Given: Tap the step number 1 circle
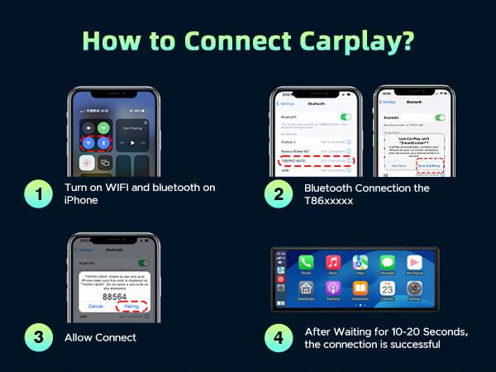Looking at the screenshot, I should click(x=37, y=194).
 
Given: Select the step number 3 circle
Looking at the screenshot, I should click(x=37, y=337).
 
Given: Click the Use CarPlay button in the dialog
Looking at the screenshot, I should click(x=428, y=165).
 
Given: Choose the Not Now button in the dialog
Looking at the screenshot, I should click(x=398, y=165).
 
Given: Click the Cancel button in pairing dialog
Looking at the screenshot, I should click(x=96, y=305).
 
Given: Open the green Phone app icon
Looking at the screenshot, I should click(x=307, y=264).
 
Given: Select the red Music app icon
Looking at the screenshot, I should click(x=333, y=264).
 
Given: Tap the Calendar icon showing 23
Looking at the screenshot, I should click(x=388, y=289).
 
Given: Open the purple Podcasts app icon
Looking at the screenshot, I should click(x=333, y=289).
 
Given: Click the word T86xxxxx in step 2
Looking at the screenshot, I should click(x=327, y=201).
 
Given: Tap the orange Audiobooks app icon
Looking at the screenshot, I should click(x=360, y=289).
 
